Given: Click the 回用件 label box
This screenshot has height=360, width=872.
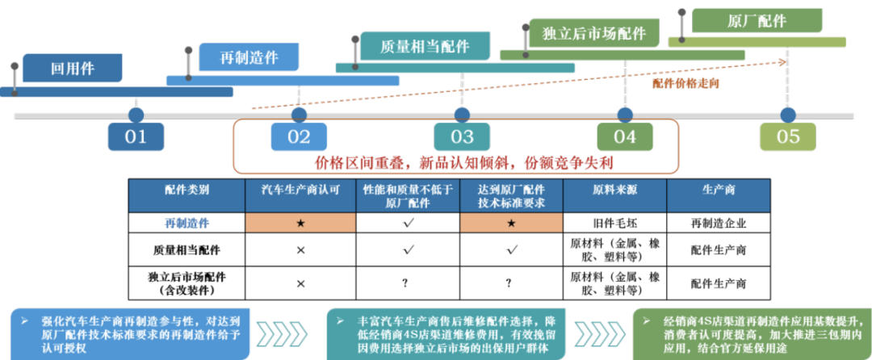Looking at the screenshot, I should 72,69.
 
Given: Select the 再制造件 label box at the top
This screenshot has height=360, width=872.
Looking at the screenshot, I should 249,57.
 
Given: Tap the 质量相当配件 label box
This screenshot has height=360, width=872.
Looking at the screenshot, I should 425,46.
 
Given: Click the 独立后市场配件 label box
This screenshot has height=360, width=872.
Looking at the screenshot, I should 594,33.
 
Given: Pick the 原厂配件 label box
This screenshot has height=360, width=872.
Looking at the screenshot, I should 757,21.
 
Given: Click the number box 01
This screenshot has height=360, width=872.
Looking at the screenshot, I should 136,136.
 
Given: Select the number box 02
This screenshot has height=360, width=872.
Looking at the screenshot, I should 299,136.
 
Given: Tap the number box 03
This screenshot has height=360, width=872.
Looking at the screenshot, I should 462,136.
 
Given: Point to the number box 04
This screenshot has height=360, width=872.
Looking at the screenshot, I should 625,136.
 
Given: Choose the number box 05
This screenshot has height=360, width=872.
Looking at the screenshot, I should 787,136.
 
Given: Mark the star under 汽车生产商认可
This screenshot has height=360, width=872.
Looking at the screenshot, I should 300,223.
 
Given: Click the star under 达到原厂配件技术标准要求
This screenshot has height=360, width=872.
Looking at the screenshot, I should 511,223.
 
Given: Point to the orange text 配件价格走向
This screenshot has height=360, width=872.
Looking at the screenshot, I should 685,82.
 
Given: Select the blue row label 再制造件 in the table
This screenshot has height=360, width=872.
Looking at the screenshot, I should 187,224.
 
